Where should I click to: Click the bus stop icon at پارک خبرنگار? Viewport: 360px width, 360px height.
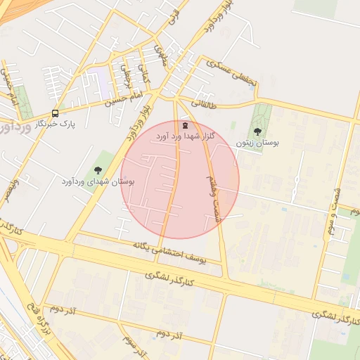pos(55,113)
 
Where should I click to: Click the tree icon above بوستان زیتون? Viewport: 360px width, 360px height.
pos(257,131)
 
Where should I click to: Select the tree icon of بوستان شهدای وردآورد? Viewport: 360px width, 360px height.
pos(97,169)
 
